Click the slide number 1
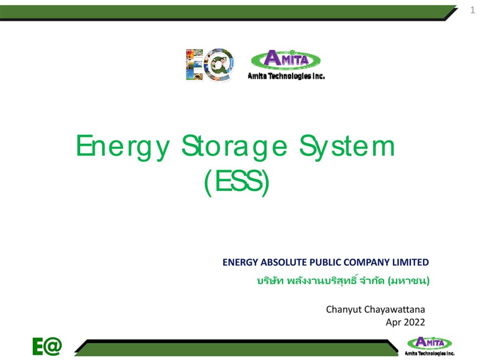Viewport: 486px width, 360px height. point(472,11)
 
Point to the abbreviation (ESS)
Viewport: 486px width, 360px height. point(236,183)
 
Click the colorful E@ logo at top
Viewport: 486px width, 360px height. point(209,64)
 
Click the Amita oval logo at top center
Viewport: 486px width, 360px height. point(286,59)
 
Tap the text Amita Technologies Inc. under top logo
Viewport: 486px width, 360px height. point(286,76)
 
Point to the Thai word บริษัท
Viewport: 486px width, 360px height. point(270,281)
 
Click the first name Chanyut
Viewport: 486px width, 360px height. point(344,310)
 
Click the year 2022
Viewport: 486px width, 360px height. point(414,322)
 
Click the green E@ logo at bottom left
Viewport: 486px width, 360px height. point(47,347)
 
